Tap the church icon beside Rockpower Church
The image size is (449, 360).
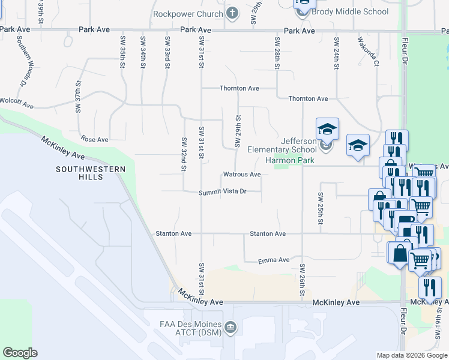coord(232,13)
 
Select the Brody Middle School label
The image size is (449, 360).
coord(350,11)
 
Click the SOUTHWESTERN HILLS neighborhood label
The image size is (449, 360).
coord(91,173)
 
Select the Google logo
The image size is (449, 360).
coord(20,353)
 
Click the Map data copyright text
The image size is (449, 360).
coord(412,355)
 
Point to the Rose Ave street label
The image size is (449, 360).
coord(94,139)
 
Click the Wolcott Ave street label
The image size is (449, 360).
coord(16,103)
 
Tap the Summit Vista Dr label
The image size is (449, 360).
coord(223,192)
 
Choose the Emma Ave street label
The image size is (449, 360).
coord(274,260)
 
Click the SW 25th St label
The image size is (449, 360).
coord(321,208)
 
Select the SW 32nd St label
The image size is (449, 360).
coord(184,154)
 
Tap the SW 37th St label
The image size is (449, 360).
coord(78,97)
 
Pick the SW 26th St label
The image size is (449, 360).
coord(302,280)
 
